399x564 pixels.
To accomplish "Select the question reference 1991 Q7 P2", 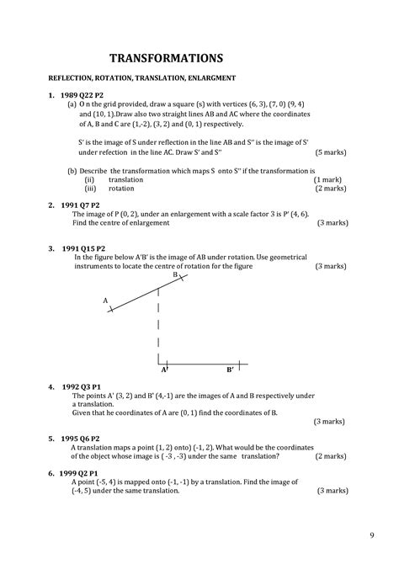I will pos(79,205).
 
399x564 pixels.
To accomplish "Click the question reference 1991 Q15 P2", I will pos(82,247).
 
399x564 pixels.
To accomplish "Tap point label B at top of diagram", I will pos(175,274).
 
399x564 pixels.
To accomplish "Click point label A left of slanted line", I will pos(105,300).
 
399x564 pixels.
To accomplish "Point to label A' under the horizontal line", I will pos(165,370).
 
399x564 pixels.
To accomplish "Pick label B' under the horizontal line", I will pos(230,370).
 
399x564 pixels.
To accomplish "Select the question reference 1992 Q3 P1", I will pos(81,386).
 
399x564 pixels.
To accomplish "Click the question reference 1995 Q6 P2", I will pos(81,439).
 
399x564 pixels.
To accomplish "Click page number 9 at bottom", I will pos(371,535).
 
